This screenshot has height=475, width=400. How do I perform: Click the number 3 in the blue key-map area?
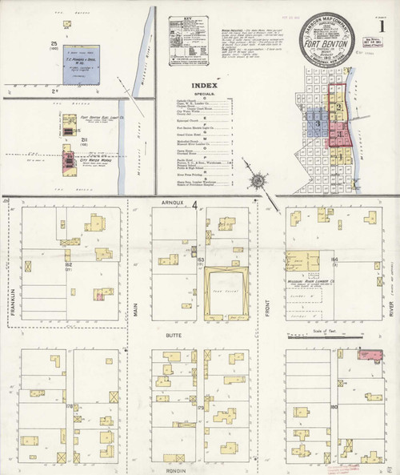[318, 124]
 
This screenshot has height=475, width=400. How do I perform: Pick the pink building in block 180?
[373, 353]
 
